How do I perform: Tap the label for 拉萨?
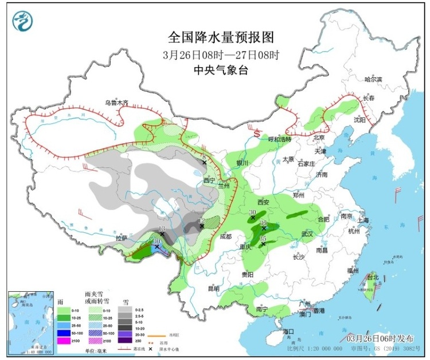[120, 238]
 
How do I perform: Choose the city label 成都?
[225, 236]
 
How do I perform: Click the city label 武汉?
[307, 234]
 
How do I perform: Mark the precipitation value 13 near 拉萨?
[162, 229]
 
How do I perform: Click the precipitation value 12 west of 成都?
[201, 221]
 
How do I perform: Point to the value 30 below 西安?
[253, 212]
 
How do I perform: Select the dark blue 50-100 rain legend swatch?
[64, 333]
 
